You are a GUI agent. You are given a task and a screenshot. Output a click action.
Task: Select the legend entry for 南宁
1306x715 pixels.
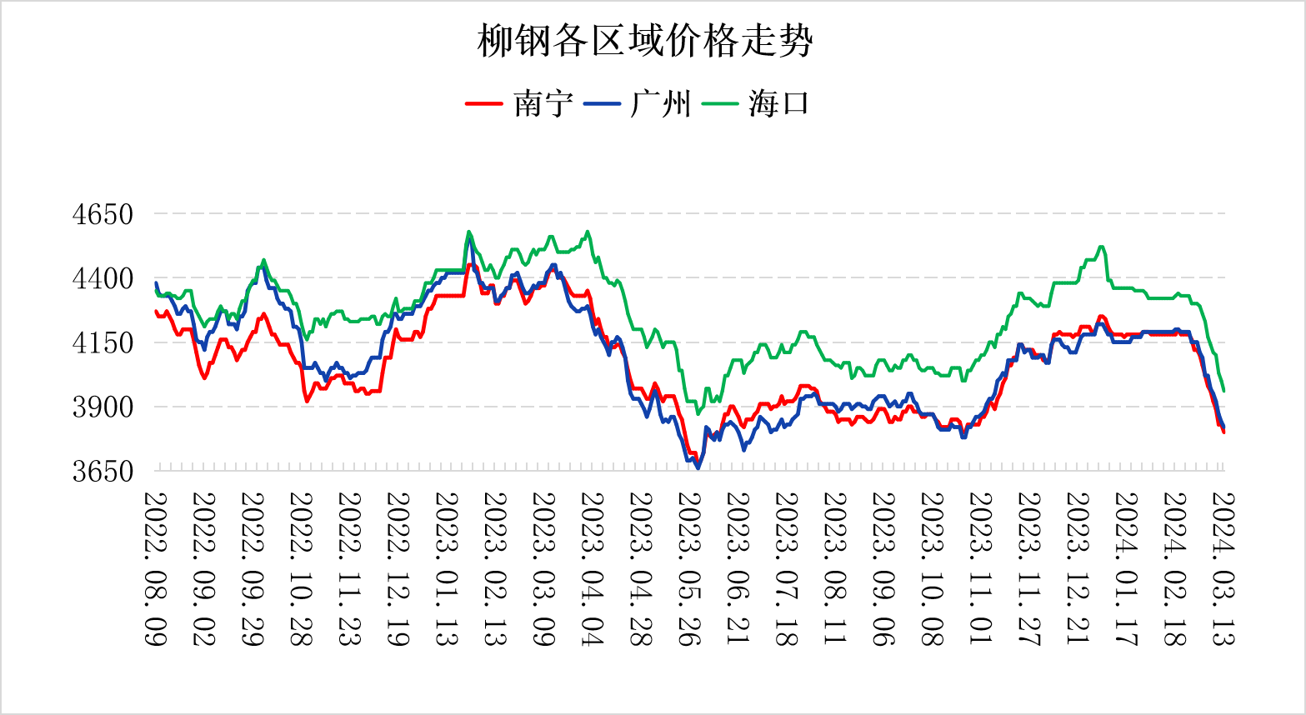(543, 104)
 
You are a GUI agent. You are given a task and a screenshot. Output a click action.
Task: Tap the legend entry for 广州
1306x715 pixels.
(661, 104)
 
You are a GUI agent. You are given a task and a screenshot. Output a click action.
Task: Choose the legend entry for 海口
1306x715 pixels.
(778, 104)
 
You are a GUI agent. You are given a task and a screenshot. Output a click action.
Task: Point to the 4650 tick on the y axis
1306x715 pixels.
(103, 214)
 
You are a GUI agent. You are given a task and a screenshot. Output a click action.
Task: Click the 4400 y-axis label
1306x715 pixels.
(103, 278)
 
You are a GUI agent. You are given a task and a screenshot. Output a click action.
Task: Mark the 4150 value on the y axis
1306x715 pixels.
(103, 342)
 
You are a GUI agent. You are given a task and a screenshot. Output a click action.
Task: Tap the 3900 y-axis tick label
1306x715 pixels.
(103, 407)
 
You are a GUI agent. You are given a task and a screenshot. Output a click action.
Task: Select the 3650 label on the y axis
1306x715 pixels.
(103, 472)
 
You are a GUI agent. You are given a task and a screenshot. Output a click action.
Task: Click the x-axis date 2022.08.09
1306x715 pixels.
(156, 568)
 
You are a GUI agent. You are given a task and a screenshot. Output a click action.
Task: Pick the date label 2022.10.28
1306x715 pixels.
(302, 568)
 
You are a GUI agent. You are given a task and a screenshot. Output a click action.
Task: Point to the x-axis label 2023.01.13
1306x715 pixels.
(448, 568)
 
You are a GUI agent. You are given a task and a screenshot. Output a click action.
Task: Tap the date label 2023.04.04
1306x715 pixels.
(593, 568)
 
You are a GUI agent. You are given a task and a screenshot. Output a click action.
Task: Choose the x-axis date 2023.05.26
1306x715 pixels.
(689, 568)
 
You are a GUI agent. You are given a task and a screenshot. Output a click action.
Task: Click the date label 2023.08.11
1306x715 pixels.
(835, 568)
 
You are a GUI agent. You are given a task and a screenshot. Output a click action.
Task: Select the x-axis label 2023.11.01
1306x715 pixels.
(981, 568)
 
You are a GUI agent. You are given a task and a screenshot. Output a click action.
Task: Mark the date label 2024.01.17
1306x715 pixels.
(1126, 568)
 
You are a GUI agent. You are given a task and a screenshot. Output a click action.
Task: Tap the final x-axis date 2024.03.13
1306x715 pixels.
(1223, 568)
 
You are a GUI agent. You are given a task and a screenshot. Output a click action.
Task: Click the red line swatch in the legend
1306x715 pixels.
(484, 104)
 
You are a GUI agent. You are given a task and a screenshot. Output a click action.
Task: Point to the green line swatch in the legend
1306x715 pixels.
(720, 104)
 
